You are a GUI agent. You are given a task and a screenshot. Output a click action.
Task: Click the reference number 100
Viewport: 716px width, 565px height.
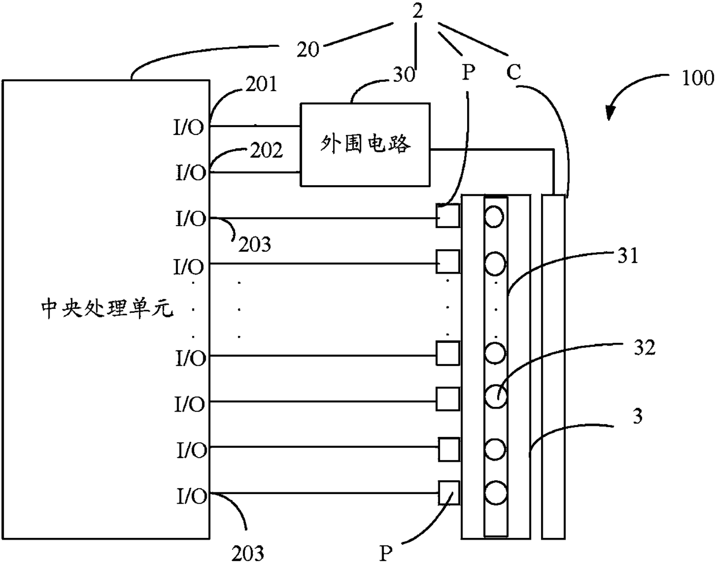[x=698, y=78]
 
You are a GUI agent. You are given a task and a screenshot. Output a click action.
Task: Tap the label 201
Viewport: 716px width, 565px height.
[x=262, y=84]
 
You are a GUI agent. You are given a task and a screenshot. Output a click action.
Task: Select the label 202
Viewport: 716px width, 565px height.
[x=266, y=150]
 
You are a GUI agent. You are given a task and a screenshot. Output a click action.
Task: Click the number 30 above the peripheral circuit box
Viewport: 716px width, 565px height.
[x=404, y=74]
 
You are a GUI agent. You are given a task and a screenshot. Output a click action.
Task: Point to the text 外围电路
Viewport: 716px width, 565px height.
[x=366, y=144]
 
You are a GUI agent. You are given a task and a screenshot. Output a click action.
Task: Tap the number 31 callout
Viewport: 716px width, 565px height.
[x=628, y=256]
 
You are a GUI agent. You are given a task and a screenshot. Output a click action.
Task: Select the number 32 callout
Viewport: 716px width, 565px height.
[x=644, y=347]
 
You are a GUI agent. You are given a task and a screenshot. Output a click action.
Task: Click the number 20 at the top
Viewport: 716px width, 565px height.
[x=308, y=50]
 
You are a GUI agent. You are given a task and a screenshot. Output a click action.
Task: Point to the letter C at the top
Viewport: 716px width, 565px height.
[x=513, y=72]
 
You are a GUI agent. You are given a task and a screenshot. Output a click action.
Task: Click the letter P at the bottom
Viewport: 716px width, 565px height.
[x=386, y=553]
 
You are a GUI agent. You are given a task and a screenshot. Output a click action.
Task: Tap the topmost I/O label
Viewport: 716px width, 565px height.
[x=189, y=127]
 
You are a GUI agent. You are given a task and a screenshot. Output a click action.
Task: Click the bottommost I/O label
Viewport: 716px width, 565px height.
[x=192, y=496]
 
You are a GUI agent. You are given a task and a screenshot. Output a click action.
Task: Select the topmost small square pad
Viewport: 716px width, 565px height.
[x=448, y=215]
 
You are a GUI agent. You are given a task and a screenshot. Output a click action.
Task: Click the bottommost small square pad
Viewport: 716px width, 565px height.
[x=449, y=493]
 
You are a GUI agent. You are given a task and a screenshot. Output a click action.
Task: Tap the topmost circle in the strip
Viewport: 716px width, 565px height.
[x=494, y=216]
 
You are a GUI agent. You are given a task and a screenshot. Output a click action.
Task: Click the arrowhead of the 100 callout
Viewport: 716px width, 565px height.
[x=609, y=113]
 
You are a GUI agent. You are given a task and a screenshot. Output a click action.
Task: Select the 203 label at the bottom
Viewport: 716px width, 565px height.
[x=248, y=553]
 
